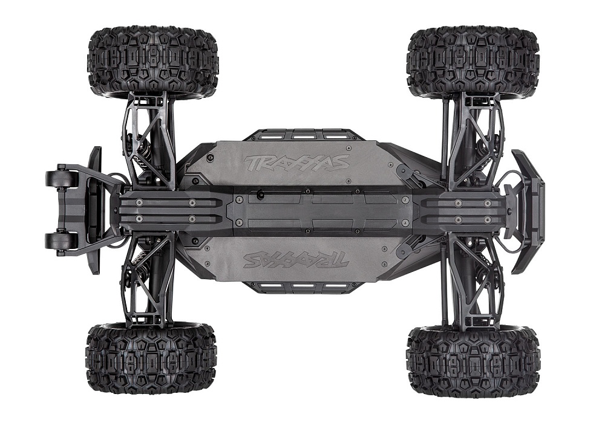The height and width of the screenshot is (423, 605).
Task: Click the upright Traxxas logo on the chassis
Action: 296,163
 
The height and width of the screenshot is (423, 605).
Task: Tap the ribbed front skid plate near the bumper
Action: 469,210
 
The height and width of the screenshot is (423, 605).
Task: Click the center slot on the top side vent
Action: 300,135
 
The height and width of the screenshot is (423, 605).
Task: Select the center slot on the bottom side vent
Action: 300,286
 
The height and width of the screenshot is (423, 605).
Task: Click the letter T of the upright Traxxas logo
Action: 250,163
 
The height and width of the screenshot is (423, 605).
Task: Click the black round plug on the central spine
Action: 260,195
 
